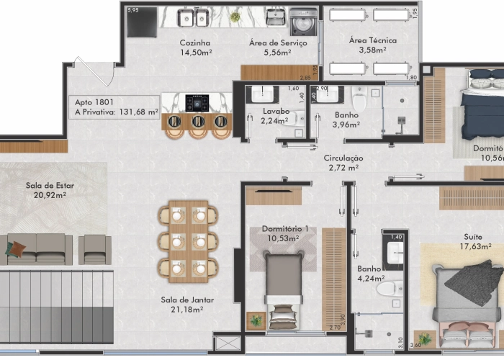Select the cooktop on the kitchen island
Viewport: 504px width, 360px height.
click(x=197, y=103)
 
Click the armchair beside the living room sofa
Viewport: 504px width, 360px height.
click(x=94, y=249)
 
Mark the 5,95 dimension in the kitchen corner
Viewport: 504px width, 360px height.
click(x=132, y=10)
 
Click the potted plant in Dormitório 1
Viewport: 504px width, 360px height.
click(x=256, y=320)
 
